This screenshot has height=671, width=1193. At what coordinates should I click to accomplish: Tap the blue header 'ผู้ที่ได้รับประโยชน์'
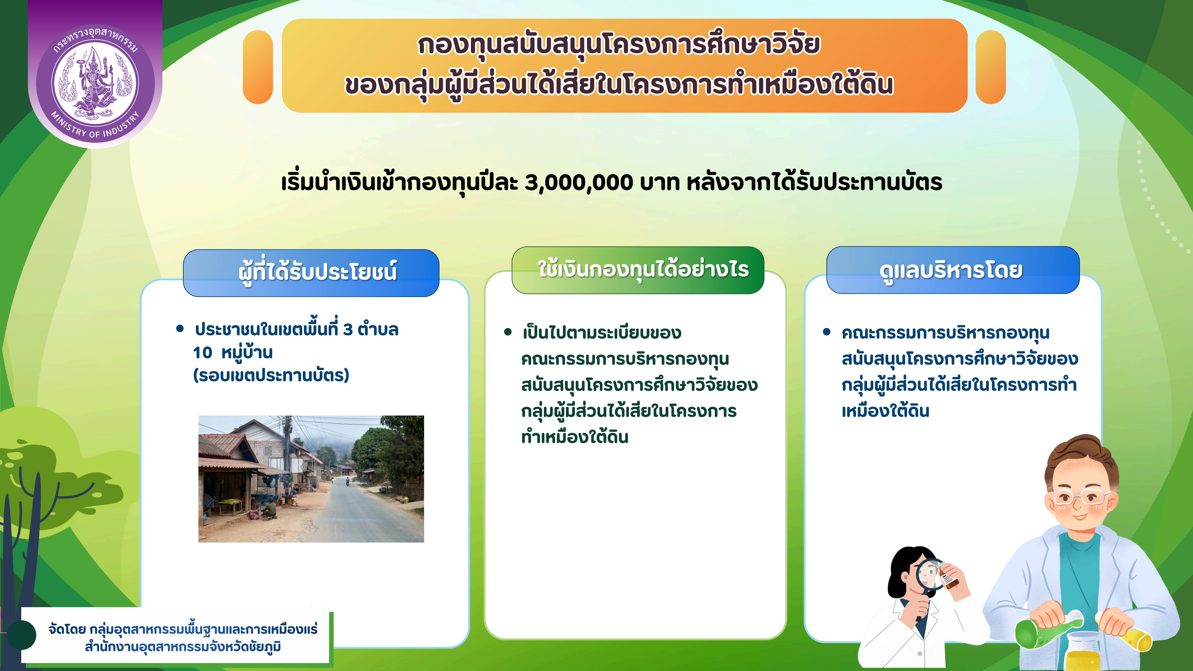click(x=311, y=272)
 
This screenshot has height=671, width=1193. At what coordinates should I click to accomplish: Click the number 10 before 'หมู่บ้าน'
click(x=202, y=353)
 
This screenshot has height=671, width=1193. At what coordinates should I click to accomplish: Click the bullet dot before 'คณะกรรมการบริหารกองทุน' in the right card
click(x=827, y=332)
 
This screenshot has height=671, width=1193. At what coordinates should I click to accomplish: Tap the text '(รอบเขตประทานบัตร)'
click(x=271, y=375)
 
